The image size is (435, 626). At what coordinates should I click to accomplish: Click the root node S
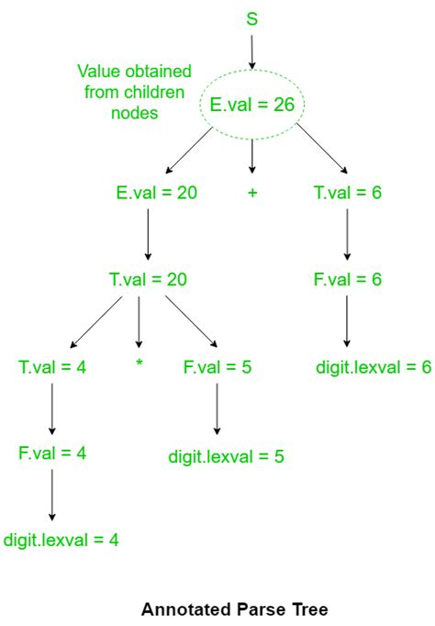coord(251,18)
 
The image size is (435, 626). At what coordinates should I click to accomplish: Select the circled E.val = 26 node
coord(251,105)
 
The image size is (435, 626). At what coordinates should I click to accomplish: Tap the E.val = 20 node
coord(156,193)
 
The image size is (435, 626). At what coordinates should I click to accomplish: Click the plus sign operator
coord(252,193)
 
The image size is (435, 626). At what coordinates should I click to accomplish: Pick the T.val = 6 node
coord(348,193)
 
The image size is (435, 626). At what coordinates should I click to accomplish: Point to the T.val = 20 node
coord(148,279)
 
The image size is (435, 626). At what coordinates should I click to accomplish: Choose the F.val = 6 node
coord(348,279)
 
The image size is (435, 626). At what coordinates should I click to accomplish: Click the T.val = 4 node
coord(52,367)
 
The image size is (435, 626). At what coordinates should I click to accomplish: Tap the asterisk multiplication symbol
coord(139,363)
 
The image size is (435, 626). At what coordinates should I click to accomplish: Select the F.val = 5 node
coord(217,367)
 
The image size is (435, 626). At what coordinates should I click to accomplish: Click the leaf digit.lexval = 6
coord(374,367)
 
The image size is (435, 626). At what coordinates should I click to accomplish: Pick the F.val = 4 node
coord(52,453)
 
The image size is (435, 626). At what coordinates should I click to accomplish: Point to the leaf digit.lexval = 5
coord(227,456)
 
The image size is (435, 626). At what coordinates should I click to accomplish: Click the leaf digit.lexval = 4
coord(61,540)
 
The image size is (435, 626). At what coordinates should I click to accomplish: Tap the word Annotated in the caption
coord(186,609)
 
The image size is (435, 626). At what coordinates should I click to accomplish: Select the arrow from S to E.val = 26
coord(251,52)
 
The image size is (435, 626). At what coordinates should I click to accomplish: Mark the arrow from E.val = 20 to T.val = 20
coord(148,234)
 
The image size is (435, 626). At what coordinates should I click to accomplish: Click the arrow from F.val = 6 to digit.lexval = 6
coord(347,321)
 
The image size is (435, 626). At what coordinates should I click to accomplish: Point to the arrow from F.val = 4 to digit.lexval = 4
coord(52,495)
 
